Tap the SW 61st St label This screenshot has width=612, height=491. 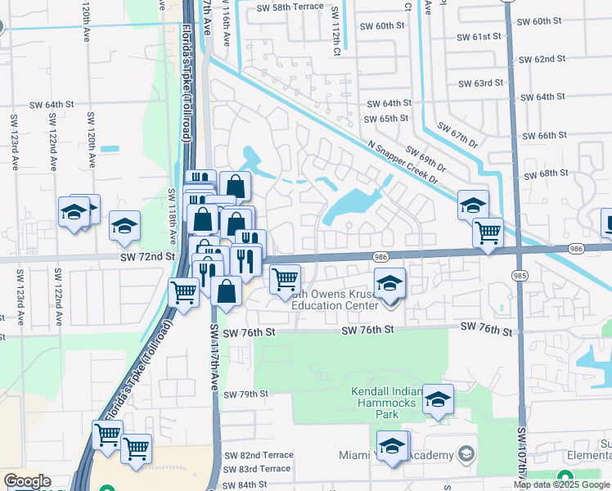tap(479, 38)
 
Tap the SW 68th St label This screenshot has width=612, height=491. tap(547, 174)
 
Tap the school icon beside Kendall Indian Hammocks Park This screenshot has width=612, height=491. tap(438, 401)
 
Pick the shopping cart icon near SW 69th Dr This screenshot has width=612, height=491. tap(488, 232)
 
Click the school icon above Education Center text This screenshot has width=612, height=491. tap(390, 285)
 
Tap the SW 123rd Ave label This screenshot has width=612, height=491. tap(15, 142)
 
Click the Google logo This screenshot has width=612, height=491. tap(26, 481)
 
